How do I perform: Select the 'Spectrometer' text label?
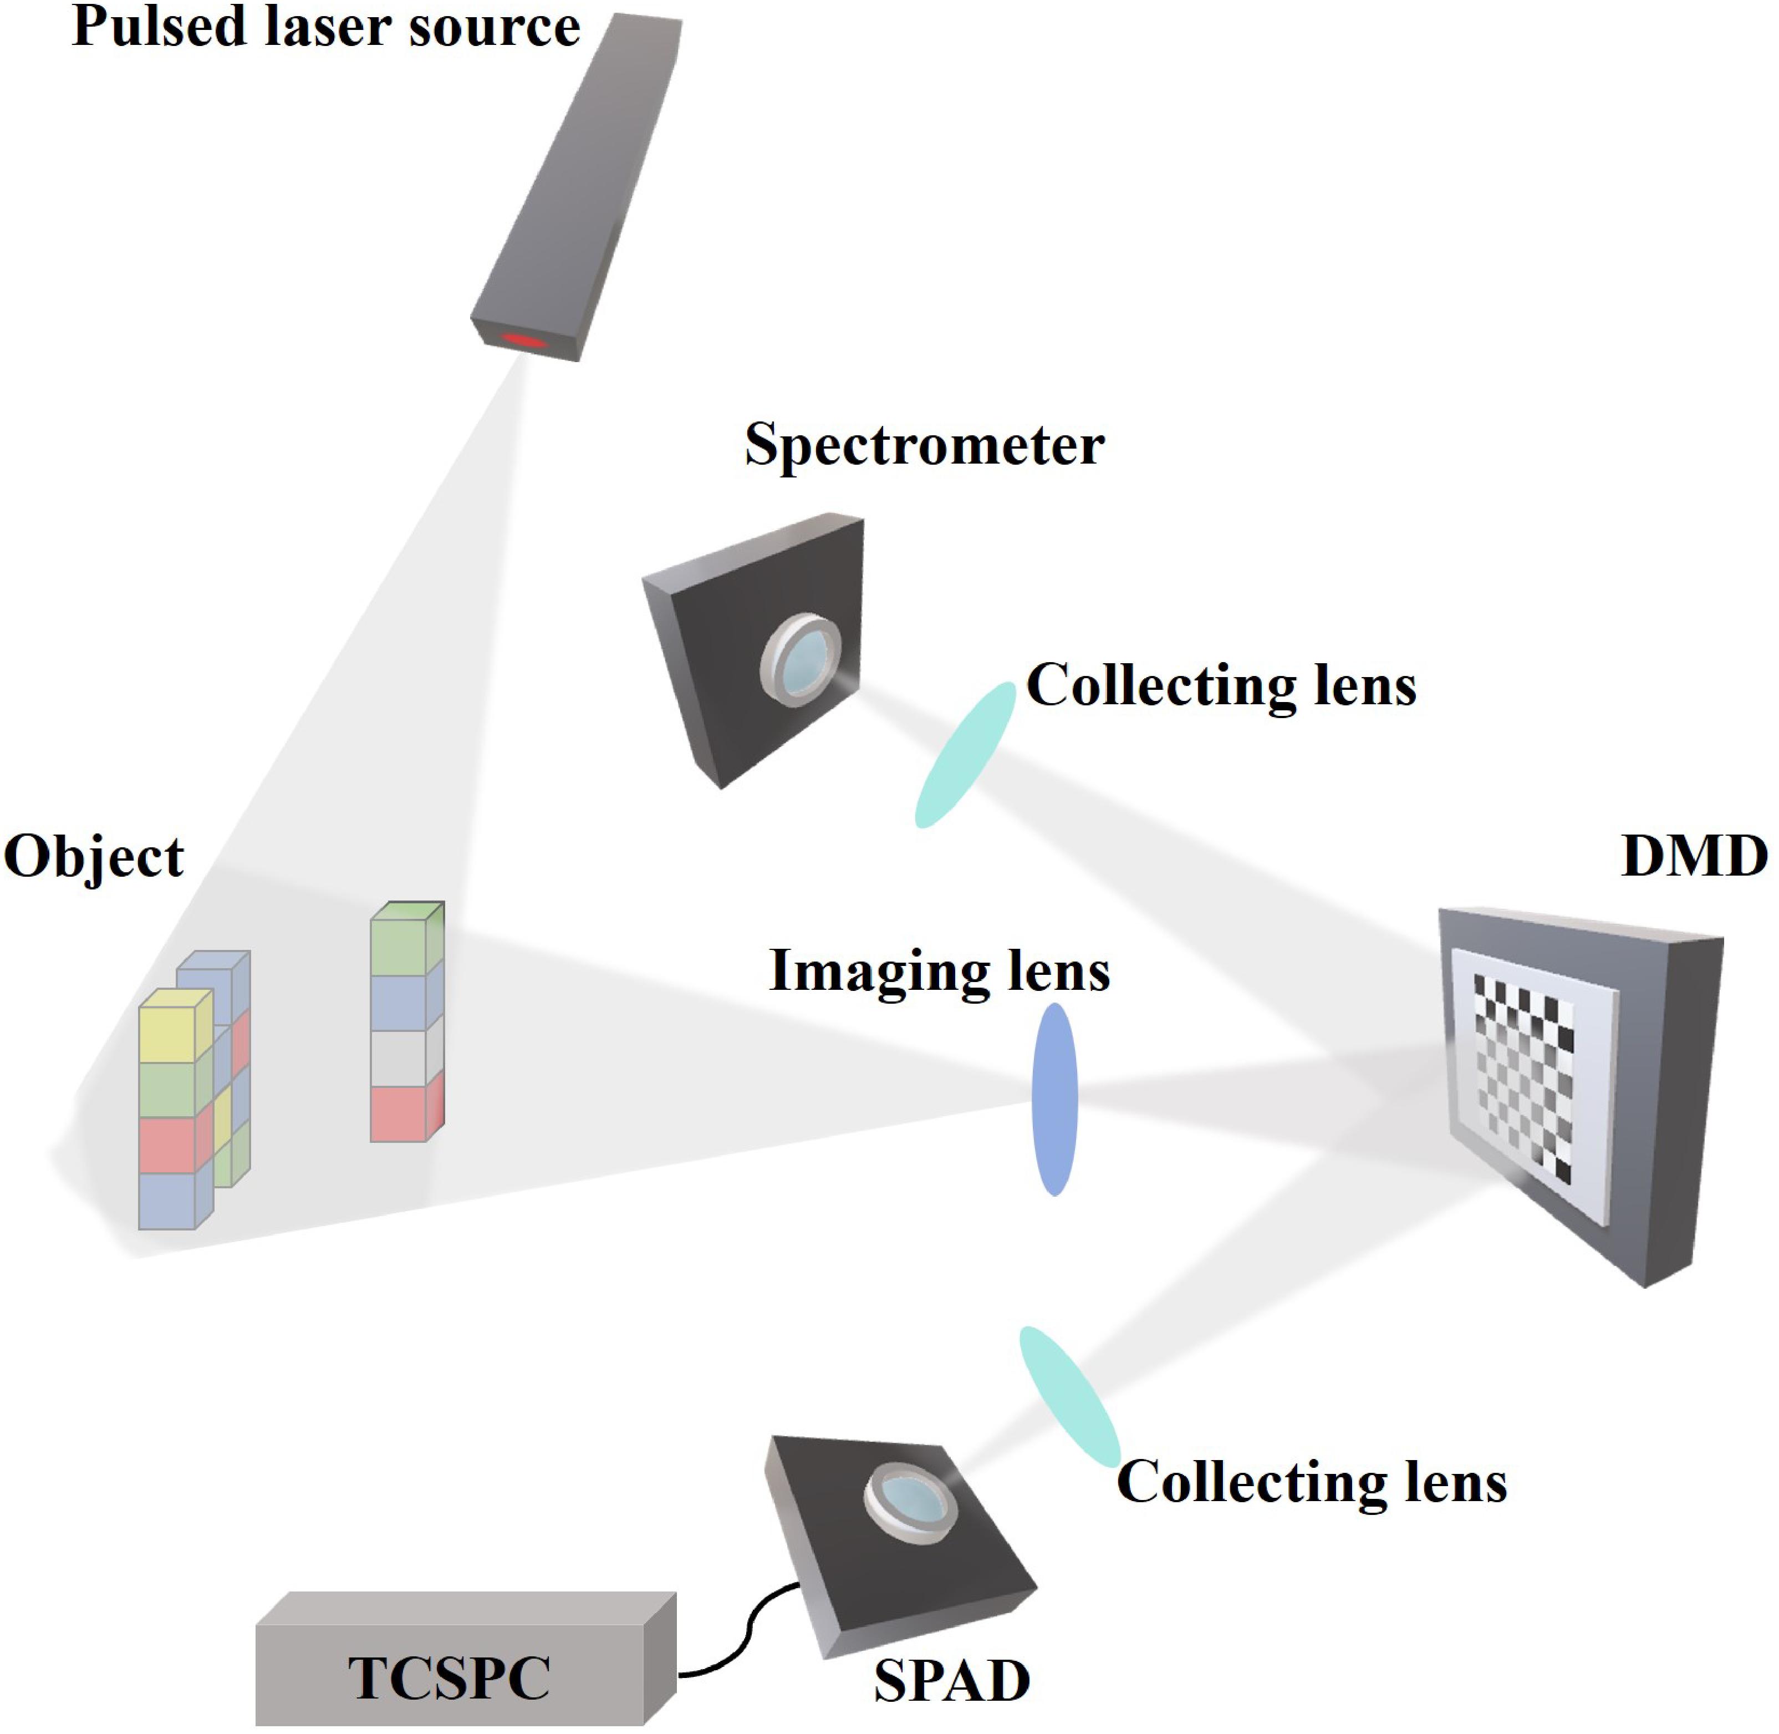[924, 446]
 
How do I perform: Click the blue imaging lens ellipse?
[1054, 1099]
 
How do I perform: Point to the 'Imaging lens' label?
[940, 971]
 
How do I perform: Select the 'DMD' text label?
[1694, 857]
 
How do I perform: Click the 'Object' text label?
[93, 857]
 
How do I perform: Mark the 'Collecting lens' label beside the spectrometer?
[1221, 685]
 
